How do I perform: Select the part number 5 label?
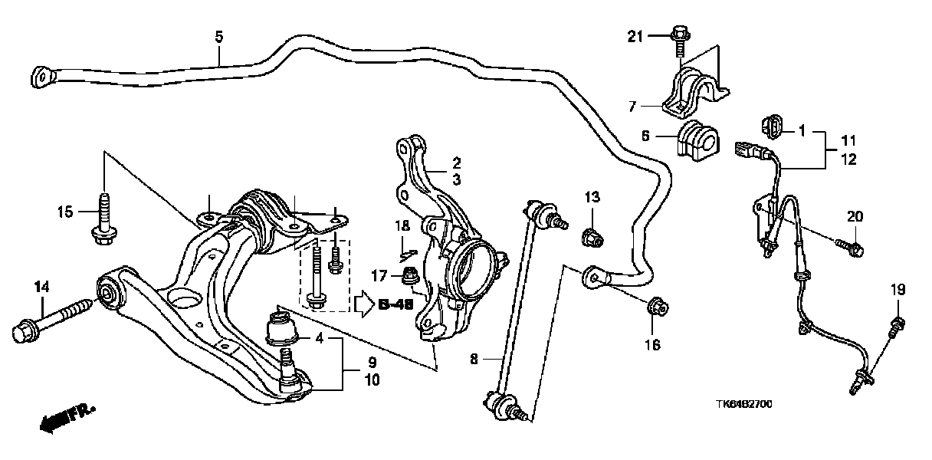click(218, 36)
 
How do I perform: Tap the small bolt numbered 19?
click(895, 325)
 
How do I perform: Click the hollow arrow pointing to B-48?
click(363, 304)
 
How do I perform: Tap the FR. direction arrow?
click(65, 417)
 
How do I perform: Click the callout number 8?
click(473, 358)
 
